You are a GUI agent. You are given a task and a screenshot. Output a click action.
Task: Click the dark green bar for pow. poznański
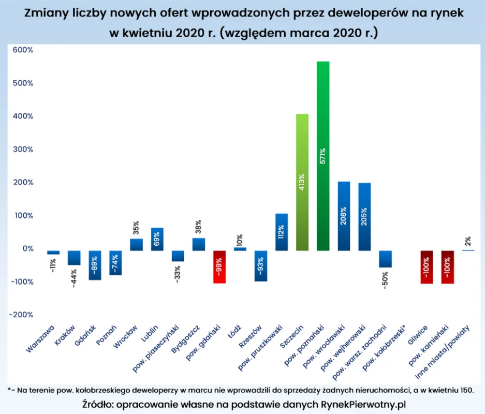pos(323,156)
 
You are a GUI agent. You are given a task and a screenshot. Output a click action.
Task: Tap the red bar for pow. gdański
pos(219,267)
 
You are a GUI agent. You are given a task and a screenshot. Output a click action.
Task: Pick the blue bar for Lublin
pos(157,239)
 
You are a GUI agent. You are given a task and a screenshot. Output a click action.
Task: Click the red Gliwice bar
pos(427,268)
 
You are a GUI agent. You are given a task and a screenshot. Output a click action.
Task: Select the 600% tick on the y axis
pos(23,50)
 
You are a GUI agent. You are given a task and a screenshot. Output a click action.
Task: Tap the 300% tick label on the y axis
pos(23,150)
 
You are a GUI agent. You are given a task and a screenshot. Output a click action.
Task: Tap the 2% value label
pos(467,240)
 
